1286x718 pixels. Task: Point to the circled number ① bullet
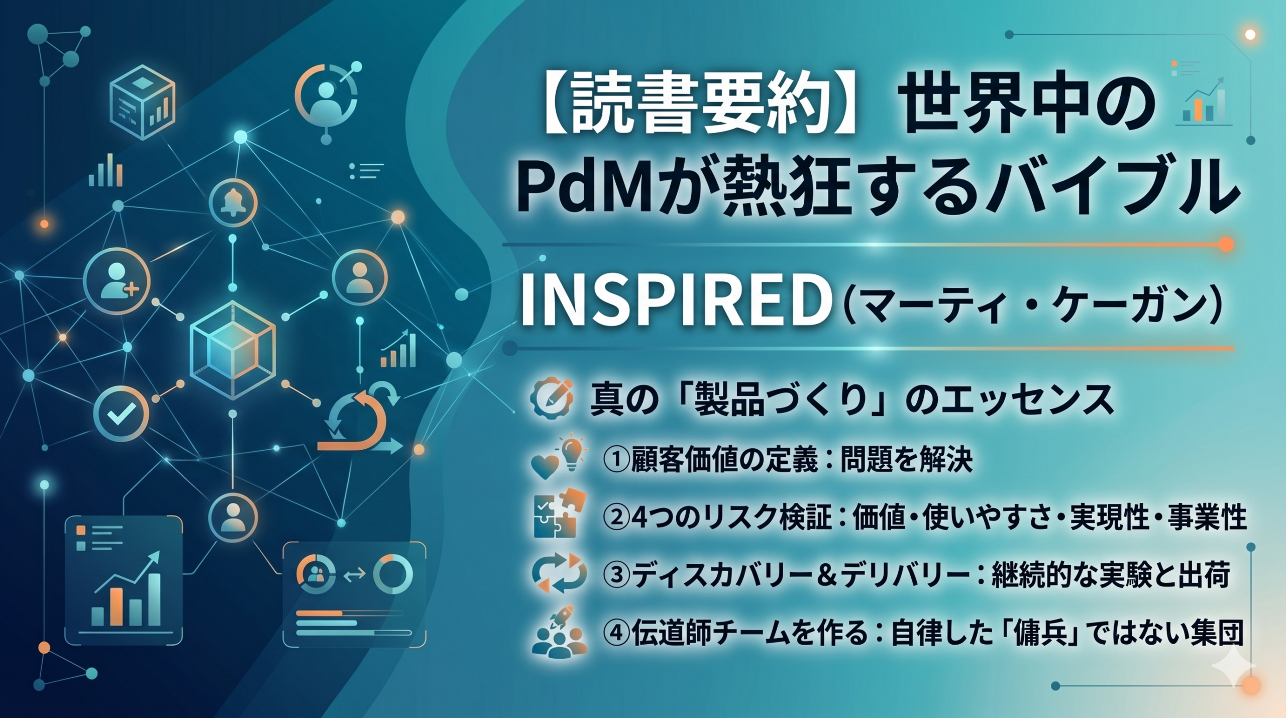(x=616, y=460)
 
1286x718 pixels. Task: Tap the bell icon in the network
(x=233, y=203)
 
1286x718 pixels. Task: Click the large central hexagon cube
(x=233, y=350)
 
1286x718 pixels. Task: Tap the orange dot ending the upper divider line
(x=1226, y=245)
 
